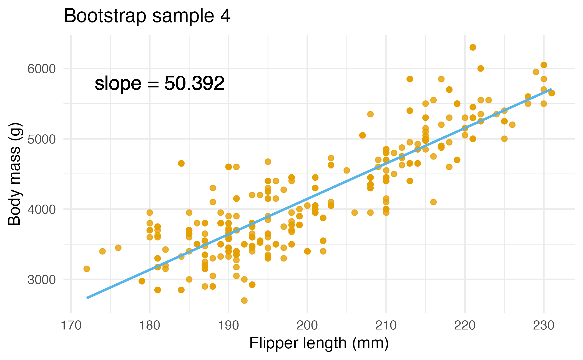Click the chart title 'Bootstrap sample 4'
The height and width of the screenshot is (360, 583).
click(147, 16)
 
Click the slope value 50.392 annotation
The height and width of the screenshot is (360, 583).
click(159, 83)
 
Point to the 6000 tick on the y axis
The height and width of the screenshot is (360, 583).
click(42, 69)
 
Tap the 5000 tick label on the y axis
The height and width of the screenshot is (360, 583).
click(42, 139)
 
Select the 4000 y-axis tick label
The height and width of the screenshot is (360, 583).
click(42, 209)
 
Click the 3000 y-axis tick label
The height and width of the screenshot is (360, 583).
click(42, 280)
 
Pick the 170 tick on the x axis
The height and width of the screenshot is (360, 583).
click(71, 325)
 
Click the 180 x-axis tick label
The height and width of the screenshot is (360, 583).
click(150, 325)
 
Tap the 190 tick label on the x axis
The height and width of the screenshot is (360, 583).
click(228, 325)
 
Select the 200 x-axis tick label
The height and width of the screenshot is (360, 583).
click(307, 325)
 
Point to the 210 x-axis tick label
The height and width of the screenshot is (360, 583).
click(386, 325)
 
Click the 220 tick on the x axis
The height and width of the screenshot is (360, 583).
click(465, 325)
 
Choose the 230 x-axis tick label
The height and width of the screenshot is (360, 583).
click(544, 325)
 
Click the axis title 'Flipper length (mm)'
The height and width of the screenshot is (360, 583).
click(319, 343)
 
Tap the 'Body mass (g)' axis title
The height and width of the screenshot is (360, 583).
click(14, 174)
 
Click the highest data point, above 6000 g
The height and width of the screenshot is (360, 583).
click(473, 47)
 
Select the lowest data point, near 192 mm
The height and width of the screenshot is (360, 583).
click(244, 300)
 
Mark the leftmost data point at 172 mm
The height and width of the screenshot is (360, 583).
click(87, 269)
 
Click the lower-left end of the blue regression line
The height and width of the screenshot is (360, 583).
click(87, 298)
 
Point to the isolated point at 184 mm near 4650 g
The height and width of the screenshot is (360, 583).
click(181, 163)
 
